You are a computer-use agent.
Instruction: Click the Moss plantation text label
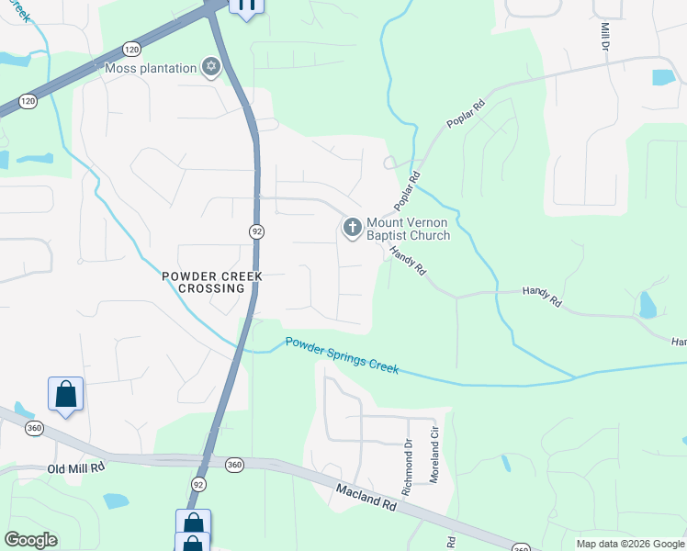pos(151,68)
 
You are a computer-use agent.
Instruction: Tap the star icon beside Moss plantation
pos(212,67)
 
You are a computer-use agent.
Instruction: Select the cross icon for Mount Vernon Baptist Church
pos(352,226)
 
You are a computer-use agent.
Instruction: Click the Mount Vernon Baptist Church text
pos(408,229)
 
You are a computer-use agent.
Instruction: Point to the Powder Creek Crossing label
pos(212,282)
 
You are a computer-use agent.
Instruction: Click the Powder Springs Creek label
pos(342,354)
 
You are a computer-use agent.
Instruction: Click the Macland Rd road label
pos(365,500)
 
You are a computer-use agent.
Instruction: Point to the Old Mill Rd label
pos(76,468)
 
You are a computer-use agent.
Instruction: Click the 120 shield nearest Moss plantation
pos(131,49)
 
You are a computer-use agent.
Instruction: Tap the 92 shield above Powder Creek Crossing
pos(256,232)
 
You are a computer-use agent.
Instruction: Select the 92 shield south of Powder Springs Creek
pos(198,482)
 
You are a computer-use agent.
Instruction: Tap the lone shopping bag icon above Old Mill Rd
pos(66,394)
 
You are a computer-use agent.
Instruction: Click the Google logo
pos(30,540)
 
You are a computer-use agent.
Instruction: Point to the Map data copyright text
pos(629,544)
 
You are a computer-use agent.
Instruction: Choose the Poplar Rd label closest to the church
pos(408,188)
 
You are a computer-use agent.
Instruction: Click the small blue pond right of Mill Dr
pos(664,77)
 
